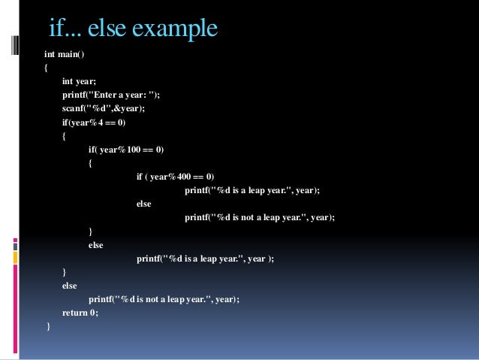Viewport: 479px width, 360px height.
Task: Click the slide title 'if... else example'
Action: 133,29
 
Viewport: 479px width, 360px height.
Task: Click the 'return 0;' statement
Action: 80,313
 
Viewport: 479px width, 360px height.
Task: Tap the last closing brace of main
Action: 48,326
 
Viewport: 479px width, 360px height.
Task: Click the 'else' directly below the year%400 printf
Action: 143,204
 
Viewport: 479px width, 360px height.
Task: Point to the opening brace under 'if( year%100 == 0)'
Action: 91,163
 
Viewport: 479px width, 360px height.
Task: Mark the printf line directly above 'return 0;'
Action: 164,299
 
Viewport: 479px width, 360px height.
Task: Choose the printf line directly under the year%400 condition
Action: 252,190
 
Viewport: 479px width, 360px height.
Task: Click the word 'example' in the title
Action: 176,29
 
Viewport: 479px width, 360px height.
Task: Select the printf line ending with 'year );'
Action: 205,259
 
